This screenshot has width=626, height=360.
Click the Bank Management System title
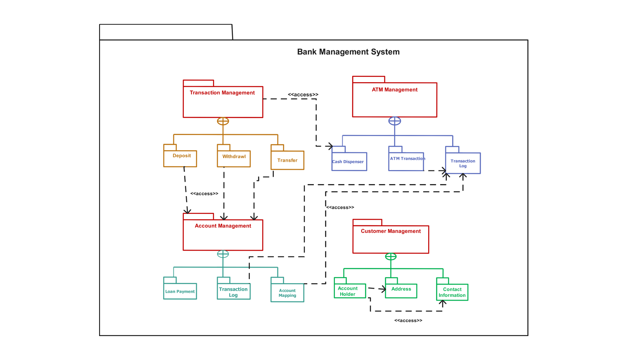pos(348,52)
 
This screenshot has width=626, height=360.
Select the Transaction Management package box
pos(223,102)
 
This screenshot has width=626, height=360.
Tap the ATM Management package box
pos(394,99)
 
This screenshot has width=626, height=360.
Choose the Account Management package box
pos(223,234)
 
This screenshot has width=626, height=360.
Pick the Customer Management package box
pos(391,239)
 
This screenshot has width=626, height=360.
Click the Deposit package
pos(180,158)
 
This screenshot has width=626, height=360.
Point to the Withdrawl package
pos(234,159)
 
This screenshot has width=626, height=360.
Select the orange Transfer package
pos(287,160)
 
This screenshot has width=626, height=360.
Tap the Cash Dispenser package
pos(349,161)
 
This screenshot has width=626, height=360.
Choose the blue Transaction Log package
pos(463,163)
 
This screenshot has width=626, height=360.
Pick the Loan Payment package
pos(180,291)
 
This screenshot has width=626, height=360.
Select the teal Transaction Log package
pos(234,291)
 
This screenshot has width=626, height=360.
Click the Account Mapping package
pos(287,293)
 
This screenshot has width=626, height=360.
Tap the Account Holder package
pos(349,291)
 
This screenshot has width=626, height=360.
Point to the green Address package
pos(401,290)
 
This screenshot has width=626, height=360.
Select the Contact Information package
pos(452,292)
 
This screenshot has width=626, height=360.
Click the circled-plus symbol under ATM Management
pos(394,121)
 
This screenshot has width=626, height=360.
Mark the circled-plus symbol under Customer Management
pos(391,256)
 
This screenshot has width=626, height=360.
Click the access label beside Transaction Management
pos(303,95)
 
